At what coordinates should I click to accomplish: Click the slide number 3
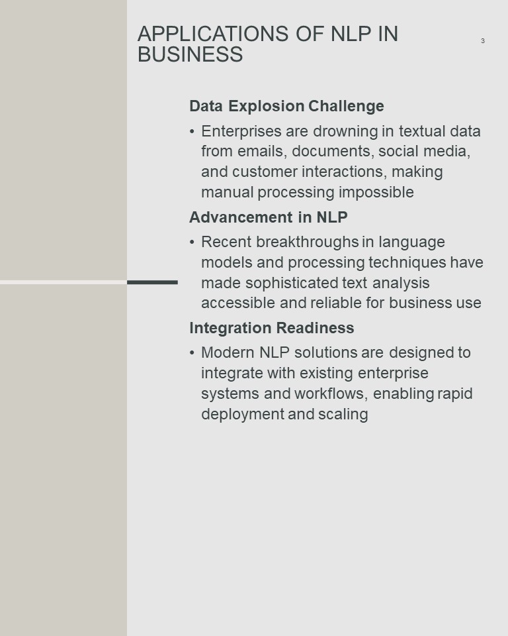pos(482,40)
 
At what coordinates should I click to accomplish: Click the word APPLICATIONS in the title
pos(213,34)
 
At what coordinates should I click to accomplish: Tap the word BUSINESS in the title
pos(190,54)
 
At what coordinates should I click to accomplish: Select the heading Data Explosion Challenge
pos(286,106)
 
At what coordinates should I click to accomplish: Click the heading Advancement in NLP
pos(268,217)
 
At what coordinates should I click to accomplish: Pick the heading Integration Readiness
pos(271,328)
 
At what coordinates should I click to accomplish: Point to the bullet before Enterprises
pos(192,132)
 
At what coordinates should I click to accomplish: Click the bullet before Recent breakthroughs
pos(192,242)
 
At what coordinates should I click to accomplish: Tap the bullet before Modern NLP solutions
pos(192,353)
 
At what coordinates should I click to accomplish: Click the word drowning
pos(345,132)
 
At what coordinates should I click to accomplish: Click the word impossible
pos(376,192)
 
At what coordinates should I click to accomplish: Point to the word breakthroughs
pos(308,242)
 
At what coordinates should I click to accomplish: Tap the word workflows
pos(331,394)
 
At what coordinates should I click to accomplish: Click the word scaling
pos(343,414)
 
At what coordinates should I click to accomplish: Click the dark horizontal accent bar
pos(152,282)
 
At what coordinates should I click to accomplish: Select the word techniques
pos(407,262)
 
